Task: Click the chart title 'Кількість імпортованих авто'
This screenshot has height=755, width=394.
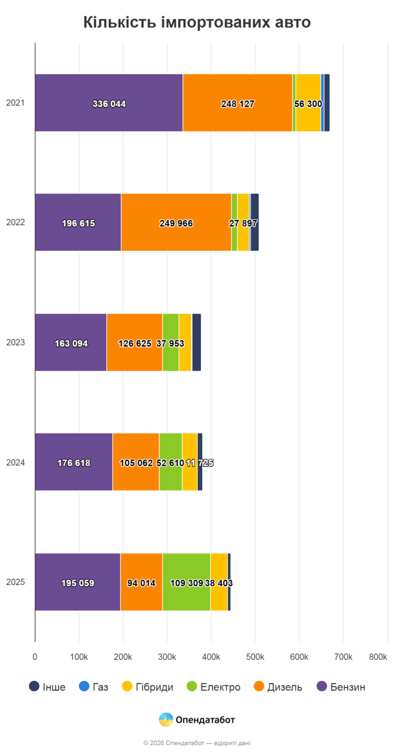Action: [197, 23]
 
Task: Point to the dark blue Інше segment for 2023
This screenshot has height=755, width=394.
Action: [196, 342]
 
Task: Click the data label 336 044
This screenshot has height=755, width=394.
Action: [109, 104]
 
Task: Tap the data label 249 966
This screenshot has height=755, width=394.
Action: [176, 223]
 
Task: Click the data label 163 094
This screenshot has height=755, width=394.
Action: [71, 344]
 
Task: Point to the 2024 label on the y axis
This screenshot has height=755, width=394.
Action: [16, 462]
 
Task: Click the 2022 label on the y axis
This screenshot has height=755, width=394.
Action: [16, 222]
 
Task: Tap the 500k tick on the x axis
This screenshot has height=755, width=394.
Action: [255, 657]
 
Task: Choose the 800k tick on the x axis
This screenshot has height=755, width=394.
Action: [378, 657]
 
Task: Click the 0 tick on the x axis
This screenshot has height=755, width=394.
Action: [35, 657]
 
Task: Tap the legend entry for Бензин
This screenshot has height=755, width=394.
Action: [341, 687]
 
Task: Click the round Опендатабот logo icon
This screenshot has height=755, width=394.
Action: [166, 720]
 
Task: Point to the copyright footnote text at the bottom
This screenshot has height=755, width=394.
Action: [197, 743]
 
